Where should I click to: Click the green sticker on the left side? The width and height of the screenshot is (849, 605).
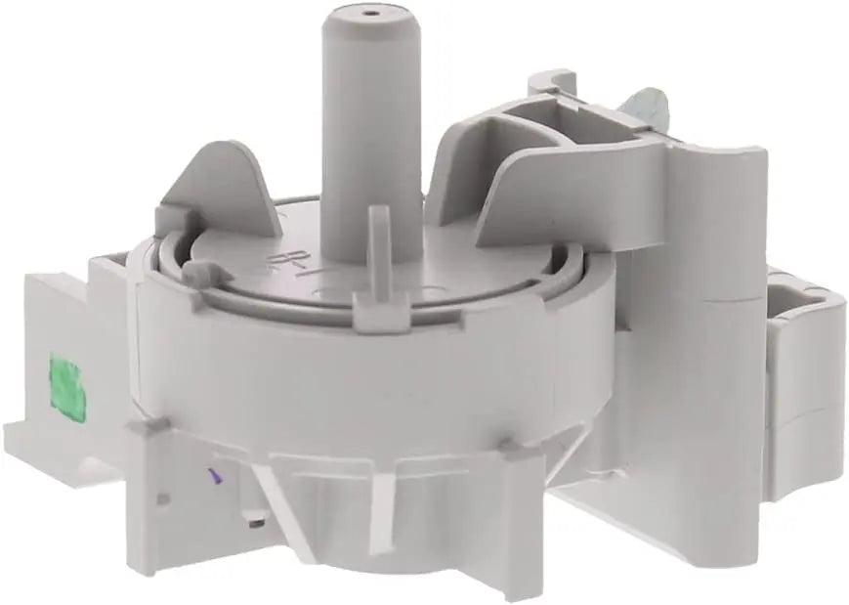click(x=64, y=383)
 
